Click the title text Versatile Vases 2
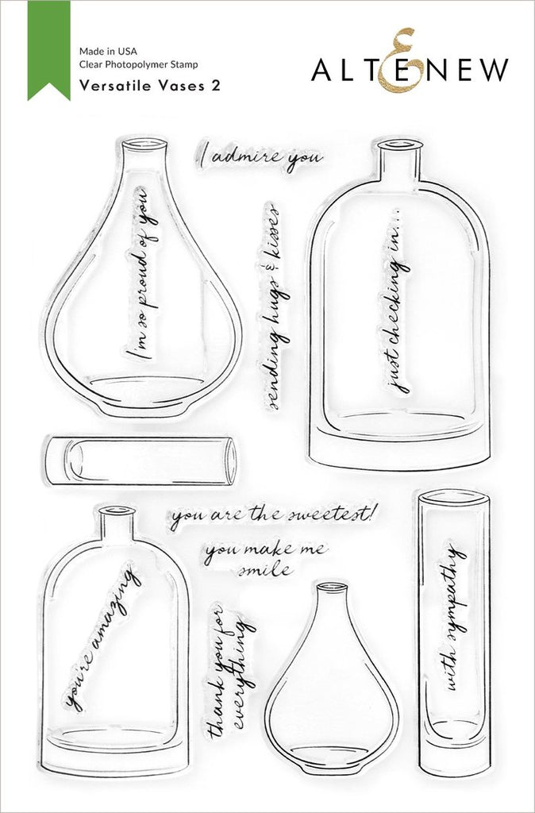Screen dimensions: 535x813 [x=150, y=86]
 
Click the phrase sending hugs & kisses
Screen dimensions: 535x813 [x=273, y=306]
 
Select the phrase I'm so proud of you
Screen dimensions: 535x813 [x=141, y=273]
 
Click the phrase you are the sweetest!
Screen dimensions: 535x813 [x=274, y=515]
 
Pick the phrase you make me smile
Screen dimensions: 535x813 [x=265, y=560]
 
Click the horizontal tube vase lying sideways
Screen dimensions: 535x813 [x=141, y=460]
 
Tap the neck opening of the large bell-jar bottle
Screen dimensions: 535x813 [x=400, y=144]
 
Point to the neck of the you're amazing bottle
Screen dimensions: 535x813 [x=116, y=525]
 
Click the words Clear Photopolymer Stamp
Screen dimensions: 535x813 [x=138, y=65]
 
